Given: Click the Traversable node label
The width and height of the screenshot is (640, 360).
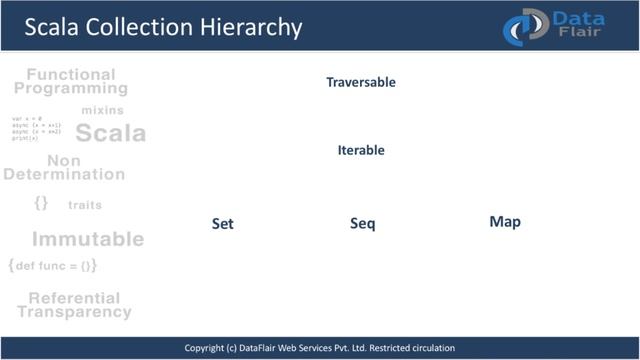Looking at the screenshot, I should coord(361,82).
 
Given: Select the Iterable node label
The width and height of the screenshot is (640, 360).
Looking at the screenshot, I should coord(361,150).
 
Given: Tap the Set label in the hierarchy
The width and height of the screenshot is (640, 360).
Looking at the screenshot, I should coord(222,224).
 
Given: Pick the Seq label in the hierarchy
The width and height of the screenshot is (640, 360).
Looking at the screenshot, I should coord(362,224).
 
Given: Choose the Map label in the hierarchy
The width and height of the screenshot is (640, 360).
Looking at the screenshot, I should coord(505,222).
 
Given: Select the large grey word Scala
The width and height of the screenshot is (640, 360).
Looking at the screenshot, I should coord(110,133).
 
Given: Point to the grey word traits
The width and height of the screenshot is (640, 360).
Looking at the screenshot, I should coord(85,205).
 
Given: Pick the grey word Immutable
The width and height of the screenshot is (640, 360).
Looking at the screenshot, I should coord(88,239).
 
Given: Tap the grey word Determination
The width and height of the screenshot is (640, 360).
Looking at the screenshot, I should coord(64,174).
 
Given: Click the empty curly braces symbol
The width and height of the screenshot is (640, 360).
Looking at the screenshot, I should coord(40,203).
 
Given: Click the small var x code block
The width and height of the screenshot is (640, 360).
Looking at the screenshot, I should coord(36,128).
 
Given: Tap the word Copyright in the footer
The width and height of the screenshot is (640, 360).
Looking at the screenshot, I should coord(210,348).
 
